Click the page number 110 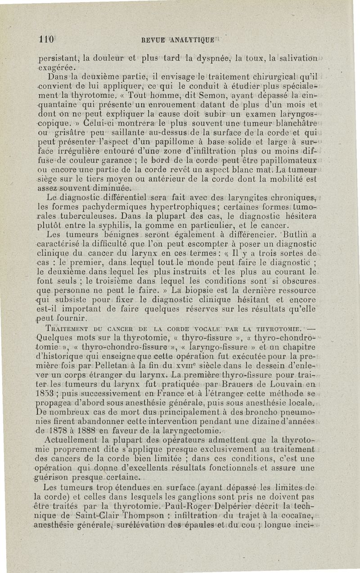46,39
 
